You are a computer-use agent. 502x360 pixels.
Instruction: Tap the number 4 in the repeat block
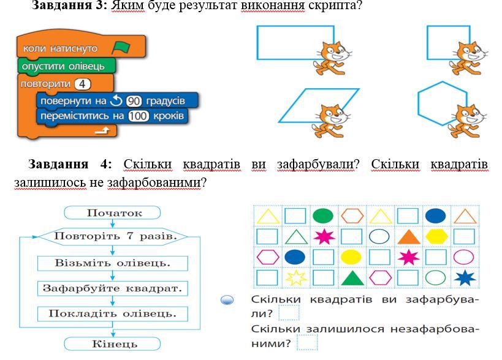82,84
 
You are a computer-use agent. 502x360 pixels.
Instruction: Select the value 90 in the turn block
133,100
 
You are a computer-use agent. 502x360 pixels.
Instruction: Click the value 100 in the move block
139,116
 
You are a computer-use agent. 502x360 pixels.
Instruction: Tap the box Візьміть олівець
113,263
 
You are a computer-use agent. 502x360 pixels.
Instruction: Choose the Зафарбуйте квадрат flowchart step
113,288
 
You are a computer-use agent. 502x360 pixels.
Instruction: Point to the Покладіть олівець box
113,313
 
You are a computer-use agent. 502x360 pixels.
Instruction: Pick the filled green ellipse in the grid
323,216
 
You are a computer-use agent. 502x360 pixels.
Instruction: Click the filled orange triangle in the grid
407,236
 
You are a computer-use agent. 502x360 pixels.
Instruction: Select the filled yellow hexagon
436,236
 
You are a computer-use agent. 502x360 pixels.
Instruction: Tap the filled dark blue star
465,278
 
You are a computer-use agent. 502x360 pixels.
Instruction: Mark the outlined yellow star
295,278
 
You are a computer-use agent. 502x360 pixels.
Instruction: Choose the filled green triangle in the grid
352,278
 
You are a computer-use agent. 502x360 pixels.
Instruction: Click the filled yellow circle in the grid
351,257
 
